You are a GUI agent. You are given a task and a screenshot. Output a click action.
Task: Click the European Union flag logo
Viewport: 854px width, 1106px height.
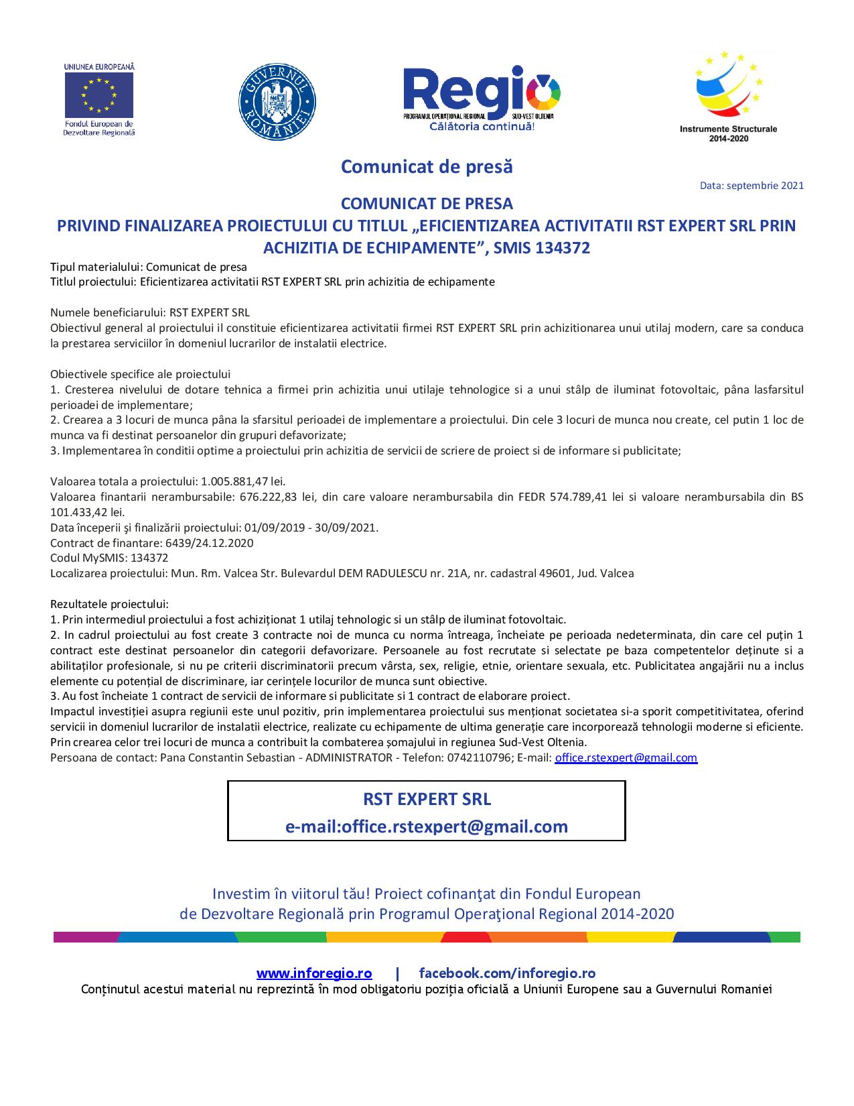pyautogui.click(x=98, y=95)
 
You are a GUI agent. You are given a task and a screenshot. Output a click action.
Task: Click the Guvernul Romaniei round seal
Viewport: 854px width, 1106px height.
pyautogui.click(x=277, y=102)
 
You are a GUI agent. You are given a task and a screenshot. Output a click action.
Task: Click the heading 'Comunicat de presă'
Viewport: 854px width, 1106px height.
pyautogui.click(x=427, y=166)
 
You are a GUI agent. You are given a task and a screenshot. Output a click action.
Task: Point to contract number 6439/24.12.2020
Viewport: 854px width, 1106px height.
pyautogui.click(x=208, y=543)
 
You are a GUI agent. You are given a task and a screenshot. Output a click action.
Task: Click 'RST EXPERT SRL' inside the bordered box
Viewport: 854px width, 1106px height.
pyautogui.click(x=427, y=799)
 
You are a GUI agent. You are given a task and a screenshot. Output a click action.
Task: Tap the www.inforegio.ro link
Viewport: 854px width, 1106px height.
pyautogui.click(x=313, y=973)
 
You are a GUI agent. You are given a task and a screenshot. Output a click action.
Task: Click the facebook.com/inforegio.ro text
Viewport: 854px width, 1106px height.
pyautogui.click(x=507, y=973)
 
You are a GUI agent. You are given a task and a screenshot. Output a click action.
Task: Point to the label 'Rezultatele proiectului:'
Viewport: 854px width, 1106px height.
pyautogui.click(x=109, y=604)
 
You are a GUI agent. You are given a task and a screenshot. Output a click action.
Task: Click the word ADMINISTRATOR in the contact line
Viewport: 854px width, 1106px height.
pyautogui.click(x=348, y=757)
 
